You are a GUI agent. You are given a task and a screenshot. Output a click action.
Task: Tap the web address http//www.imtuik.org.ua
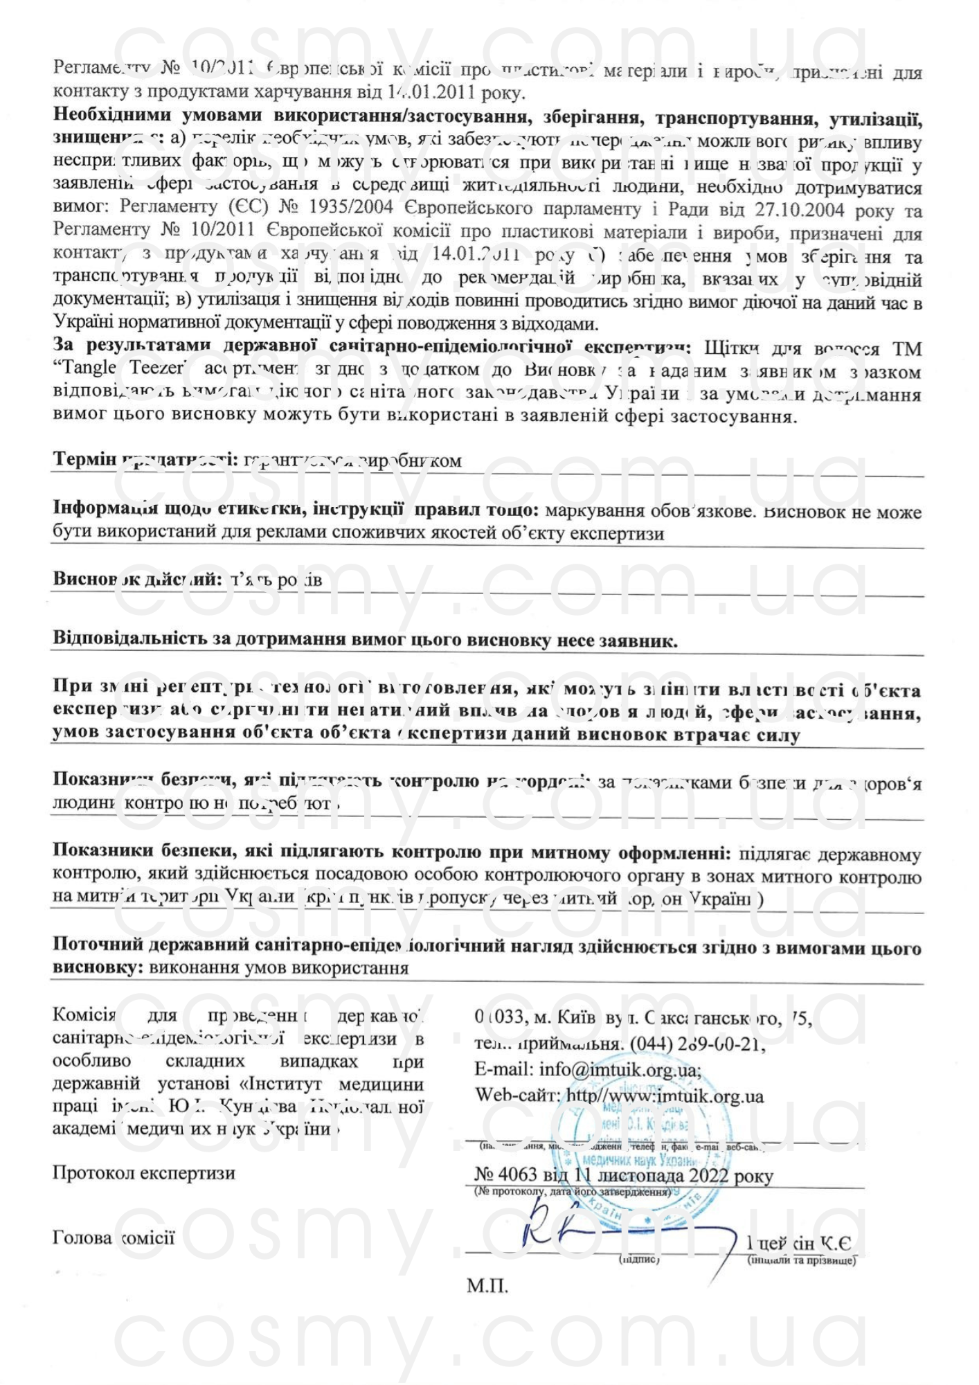(x=665, y=1096)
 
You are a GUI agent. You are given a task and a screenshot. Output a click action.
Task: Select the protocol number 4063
(x=517, y=1175)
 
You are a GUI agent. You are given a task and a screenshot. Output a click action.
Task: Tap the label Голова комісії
(x=114, y=1237)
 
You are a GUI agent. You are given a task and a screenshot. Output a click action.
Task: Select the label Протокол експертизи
(x=143, y=1173)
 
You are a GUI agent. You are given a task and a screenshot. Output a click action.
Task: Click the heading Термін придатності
(x=146, y=460)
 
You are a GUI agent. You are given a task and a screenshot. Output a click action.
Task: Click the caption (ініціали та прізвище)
(x=802, y=1260)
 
